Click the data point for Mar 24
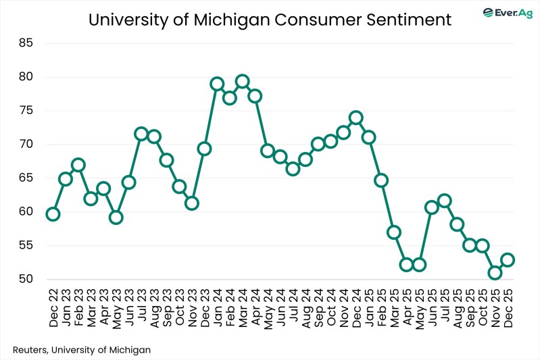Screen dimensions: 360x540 [x=242, y=82]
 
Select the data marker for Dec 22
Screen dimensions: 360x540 [x=53, y=214]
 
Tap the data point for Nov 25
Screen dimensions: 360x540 [x=495, y=273]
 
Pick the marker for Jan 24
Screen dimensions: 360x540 [x=217, y=84]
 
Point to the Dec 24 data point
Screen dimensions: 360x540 [x=355, y=118]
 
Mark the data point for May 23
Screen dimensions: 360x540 [x=116, y=217]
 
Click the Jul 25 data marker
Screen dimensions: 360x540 [x=444, y=201]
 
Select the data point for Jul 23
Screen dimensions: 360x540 [x=141, y=134]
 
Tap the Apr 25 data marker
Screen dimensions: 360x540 [x=406, y=265]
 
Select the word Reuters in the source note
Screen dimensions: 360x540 [x=32, y=349]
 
